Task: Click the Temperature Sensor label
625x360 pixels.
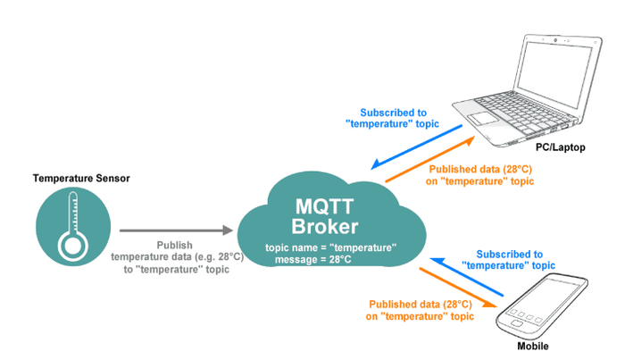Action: [81, 178]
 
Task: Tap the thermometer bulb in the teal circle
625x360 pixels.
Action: [73, 246]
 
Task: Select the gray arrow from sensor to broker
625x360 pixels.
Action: [176, 230]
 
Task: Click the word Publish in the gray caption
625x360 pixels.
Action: [175, 245]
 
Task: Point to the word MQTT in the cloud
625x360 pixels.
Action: [324, 206]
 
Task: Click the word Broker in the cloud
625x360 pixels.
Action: [325, 226]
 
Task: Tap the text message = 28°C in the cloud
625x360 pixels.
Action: [313, 260]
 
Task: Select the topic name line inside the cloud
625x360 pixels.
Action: [331, 247]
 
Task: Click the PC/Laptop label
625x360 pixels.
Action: [561, 147]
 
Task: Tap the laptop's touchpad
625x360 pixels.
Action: [483, 118]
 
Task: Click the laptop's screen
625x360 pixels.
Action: [554, 73]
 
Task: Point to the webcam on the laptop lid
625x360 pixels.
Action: [555, 40]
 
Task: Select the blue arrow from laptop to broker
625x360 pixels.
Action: [417, 147]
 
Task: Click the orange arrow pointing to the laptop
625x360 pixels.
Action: [430, 159]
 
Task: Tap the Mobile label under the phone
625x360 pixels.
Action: [533, 346]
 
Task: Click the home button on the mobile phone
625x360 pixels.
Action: [517, 322]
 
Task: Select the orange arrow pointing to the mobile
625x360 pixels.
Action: [458, 288]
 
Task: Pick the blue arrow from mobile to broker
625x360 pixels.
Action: [467, 277]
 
